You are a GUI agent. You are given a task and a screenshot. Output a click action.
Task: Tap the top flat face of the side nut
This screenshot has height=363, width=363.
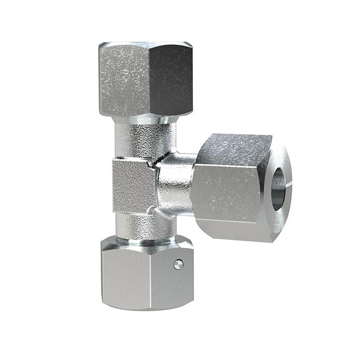[x=236, y=146]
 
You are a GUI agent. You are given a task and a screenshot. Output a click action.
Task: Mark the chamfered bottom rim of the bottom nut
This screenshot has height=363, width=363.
[x=145, y=307]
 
